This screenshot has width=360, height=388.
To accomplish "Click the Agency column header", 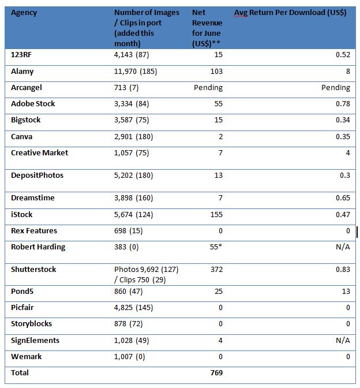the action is point(24,13).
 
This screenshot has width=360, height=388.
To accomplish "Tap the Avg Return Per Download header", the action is point(290,13).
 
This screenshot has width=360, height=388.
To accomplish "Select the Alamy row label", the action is point(22,72).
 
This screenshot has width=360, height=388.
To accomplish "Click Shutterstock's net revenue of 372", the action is point(216,269).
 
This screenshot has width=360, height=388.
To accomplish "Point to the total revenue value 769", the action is point(216,372).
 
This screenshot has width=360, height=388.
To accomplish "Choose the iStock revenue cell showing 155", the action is point(216,214).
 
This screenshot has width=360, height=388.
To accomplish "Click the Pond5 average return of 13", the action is point(346,291).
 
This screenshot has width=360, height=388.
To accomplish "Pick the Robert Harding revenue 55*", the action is point(216,247).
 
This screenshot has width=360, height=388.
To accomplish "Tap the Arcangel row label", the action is point(27,88).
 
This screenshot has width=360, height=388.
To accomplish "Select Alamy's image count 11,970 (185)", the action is point(136,72).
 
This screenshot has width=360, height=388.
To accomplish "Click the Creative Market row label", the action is point(40,152).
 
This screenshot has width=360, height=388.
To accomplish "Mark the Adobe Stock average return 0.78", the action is point(343,104).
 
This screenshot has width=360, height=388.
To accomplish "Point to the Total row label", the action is point(20,372).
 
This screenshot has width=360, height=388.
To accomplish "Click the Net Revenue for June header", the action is point(207,28).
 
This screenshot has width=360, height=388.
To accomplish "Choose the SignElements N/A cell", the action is point(343,340).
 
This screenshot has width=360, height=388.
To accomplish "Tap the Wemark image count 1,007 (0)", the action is point(130,357).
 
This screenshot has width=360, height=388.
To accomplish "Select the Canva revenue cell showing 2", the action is point(220,137).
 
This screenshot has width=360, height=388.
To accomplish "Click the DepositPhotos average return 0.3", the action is point(345,175).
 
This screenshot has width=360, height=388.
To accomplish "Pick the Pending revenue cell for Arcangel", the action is point(208,88).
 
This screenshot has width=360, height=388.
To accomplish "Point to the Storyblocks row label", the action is point(31,324).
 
